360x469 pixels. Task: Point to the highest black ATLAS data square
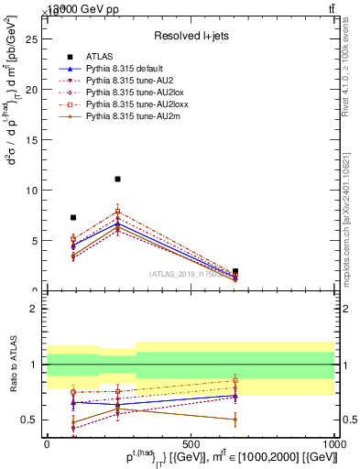(x=117, y=180)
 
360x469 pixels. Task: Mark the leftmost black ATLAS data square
(x=73, y=218)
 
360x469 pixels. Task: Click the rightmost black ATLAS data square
(x=235, y=271)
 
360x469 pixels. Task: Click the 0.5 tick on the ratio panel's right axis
(x=348, y=420)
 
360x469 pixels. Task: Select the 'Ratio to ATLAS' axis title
(x=12, y=365)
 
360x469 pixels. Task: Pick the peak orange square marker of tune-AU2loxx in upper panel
(x=117, y=212)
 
